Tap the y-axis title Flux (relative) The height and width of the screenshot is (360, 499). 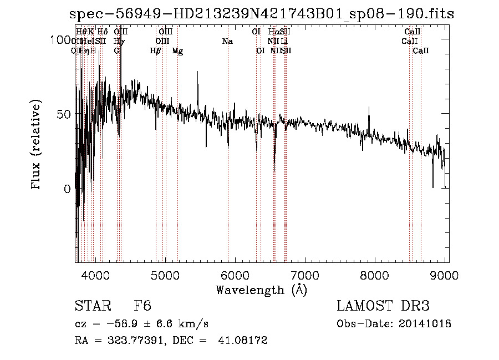(x=37, y=146)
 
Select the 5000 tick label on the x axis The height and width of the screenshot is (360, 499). (x=165, y=275)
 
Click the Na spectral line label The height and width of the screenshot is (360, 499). (x=227, y=41)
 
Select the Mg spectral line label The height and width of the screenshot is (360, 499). (x=177, y=50)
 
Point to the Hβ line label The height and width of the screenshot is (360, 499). (x=156, y=50)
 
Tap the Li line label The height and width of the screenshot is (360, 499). (x=284, y=41)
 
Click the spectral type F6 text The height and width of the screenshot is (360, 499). (x=143, y=306)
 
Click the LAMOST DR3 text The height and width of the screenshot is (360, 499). (x=383, y=306)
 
